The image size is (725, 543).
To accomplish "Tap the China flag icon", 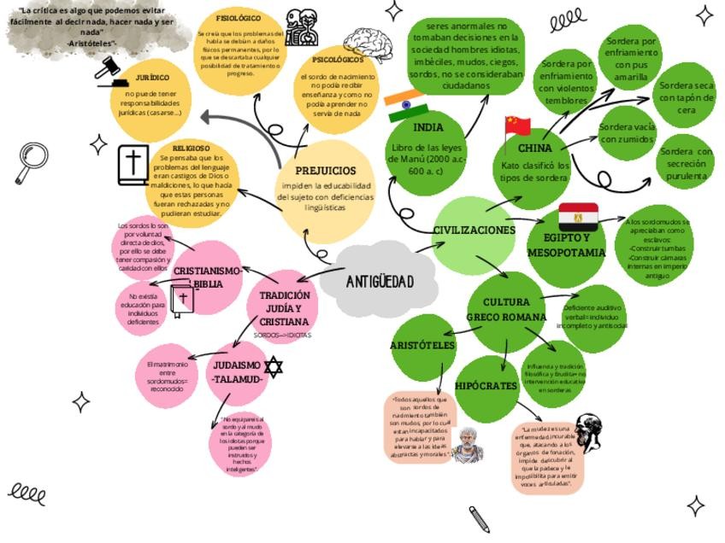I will click(517, 126).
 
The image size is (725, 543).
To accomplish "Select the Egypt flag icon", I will click(577, 217).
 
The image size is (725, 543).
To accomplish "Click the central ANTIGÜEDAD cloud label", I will click(380, 282).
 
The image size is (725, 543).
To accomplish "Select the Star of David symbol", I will click(273, 367).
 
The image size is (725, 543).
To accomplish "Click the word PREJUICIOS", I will click(325, 171).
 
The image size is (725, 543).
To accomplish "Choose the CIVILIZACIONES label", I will click(474, 231).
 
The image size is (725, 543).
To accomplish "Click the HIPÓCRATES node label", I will click(486, 386).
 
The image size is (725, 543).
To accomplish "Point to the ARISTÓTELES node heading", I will click(422, 346).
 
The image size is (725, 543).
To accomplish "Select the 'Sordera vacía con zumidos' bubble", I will click(627, 132).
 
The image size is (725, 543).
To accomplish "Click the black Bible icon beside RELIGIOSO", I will click(133, 166).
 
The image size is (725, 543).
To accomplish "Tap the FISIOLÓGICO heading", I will click(239, 18).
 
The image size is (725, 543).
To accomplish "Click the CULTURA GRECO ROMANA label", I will click(505, 309).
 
